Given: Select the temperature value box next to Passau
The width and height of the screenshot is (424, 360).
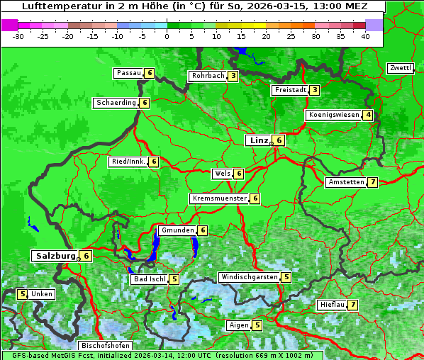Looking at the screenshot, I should click(149, 73).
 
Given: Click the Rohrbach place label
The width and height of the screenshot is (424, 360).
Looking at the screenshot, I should click(208, 76).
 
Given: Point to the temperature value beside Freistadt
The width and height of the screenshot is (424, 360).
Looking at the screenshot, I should click(314, 90).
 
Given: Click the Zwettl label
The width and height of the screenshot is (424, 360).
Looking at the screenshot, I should click(400, 68).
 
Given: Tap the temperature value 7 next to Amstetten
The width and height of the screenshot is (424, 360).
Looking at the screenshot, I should click(373, 182).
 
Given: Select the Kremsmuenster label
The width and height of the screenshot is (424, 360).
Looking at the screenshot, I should click(219, 198).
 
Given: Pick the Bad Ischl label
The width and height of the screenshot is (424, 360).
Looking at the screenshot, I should click(149, 279).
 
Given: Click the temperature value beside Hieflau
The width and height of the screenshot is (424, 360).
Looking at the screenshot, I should click(352, 305).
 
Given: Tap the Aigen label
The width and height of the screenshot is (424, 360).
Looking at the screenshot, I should click(238, 325).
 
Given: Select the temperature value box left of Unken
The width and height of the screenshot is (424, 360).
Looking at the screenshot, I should click(22, 294).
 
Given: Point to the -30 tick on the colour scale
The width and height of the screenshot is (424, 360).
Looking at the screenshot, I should click(19, 36).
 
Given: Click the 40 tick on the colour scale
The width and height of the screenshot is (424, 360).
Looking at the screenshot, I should click(365, 36).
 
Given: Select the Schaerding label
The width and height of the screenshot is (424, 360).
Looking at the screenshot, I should click(116, 103).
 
